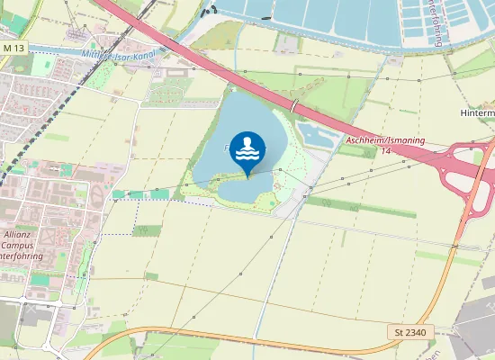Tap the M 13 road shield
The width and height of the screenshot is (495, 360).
click(x=13, y=47)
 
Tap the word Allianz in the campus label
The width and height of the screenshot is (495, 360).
click(x=17, y=234)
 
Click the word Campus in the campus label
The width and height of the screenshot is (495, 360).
click(x=18, y=245)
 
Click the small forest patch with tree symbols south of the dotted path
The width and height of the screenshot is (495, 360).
click(x=146, y=230)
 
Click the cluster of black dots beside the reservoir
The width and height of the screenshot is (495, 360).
click(x=210, y=12)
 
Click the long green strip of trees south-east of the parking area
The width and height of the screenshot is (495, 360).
click(x=360, y=209)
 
